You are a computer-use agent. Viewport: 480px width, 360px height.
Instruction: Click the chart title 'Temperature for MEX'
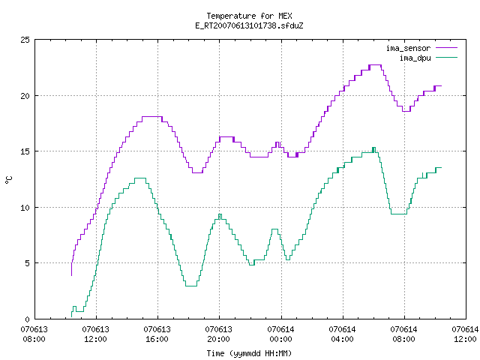(x=249, y=16)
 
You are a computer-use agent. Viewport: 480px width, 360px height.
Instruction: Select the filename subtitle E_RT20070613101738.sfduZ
(x=249, y=25)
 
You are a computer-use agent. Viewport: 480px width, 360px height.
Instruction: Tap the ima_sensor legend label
(x=408, y=48)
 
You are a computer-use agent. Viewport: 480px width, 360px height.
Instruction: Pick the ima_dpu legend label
(x=415, y=58)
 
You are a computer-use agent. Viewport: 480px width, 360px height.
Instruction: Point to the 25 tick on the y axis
(x=25, y=40)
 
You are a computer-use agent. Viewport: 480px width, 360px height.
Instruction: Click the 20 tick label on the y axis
(x=25, y=96)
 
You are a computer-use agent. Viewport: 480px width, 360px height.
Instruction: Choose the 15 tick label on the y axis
(x=25, y=151)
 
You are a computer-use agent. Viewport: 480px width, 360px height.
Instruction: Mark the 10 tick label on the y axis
(x=25, y=208)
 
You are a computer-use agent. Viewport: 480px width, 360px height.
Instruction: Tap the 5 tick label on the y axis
(x=27, y=263)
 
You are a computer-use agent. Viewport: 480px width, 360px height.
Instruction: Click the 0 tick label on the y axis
(x=27, y=319)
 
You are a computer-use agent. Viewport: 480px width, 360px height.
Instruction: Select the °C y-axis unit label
(x=9, y=180)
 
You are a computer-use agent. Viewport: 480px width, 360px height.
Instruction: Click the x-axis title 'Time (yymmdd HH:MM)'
(x=249, y=353)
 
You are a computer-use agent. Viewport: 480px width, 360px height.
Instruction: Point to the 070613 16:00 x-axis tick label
(x=157, y=334)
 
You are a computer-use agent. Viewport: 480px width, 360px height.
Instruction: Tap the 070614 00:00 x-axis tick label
(x=280, y=334)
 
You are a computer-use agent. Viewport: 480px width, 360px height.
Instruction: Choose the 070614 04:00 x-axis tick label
(x=342, y=334)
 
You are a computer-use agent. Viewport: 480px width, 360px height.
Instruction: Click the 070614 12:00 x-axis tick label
(x=465, y=334)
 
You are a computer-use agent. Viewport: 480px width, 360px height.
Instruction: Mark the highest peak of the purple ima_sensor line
(x=375, y=65)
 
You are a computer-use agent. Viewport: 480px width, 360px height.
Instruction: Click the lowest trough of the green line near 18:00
(x=191, y=286)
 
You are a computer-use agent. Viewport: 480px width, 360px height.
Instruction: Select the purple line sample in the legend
(x=446, y=48)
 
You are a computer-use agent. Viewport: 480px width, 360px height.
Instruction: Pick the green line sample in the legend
(x=446, y=58)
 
